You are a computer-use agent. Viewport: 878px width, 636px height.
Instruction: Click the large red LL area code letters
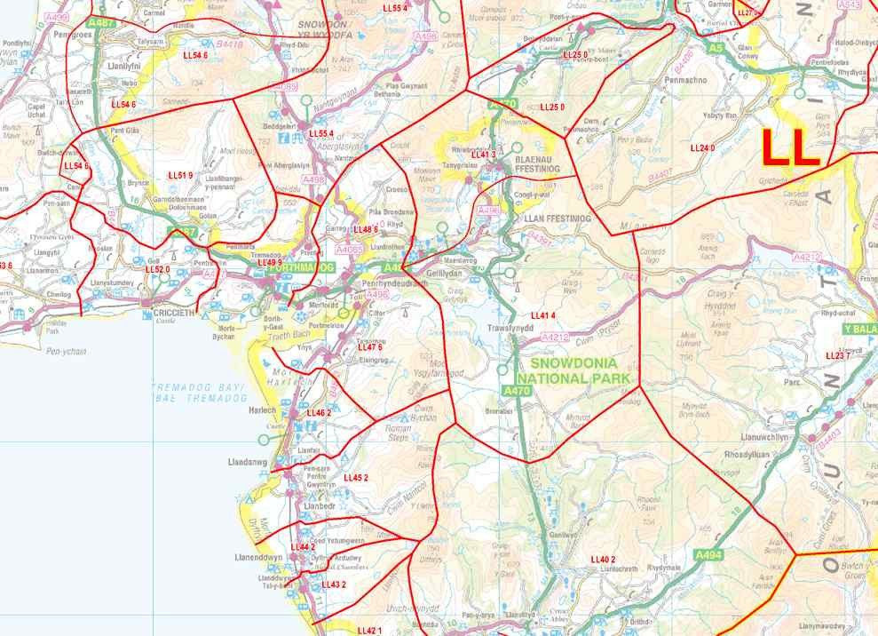pyautogui.click(x=790, y=147)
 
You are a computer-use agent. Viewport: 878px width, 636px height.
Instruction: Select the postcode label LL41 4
pyautogui.click(x=542, y=316)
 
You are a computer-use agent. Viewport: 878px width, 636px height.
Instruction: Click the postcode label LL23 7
pyautogui.click(x=837, y=355)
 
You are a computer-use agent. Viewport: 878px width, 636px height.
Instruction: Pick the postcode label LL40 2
pyautogui.click(x=603, y=559)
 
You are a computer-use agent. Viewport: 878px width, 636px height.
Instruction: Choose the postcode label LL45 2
pyautogui.click(x=355, y=478)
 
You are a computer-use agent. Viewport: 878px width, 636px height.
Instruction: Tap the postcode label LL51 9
pyautogui.click(x=180, y=176)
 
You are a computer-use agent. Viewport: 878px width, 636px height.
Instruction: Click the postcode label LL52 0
pyautogui.click(x=157, y=268)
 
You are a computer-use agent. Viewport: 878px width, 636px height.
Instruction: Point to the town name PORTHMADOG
pyautogui.click(x=302, y=266)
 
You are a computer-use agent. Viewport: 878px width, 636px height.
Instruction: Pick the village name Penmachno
pyautogui.click(x=684, y=79)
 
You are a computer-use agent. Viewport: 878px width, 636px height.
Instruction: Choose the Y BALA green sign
pyautogui.click(x=858, y=329)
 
